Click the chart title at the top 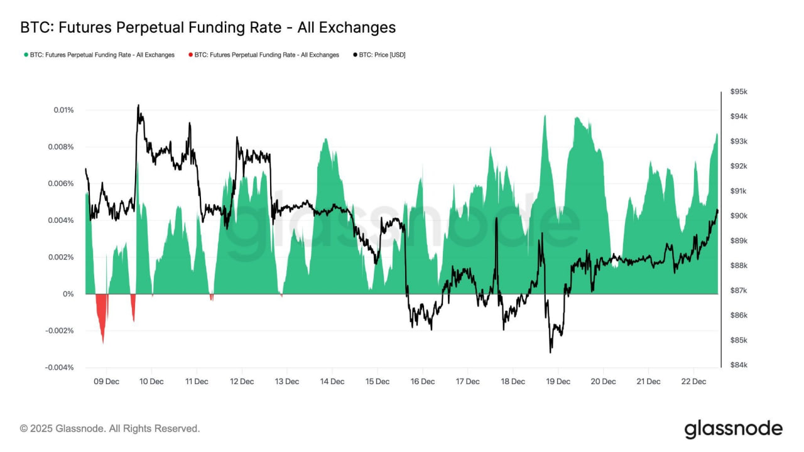(x=208, y=28)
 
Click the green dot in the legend (x=26, y=55)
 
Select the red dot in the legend (x=190, y=55)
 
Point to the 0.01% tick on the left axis (x=63, y=110)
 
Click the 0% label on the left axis (x=67, y=294)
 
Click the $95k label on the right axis (x=739, y=92)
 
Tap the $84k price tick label (x=739, y=365)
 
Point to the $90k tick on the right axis (x=739, y=216)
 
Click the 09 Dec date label (x=106, y=381)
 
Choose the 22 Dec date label (x=693, y=381)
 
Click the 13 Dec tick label (x=286, y=381)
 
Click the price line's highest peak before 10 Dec (x=138, y=105)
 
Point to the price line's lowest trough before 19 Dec (x=550, y=352)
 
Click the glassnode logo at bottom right (x=733, y=429)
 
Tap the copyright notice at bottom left (x=110, y=429)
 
